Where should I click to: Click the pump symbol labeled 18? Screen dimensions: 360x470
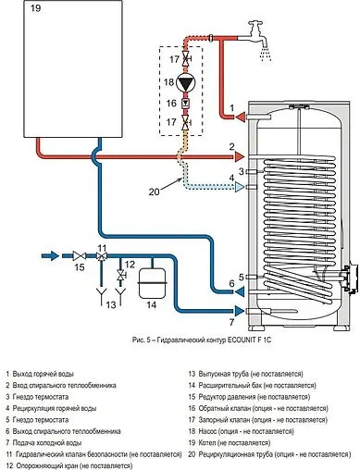186,82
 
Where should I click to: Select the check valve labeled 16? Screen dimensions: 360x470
186,103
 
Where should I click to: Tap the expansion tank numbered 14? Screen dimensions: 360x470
152,283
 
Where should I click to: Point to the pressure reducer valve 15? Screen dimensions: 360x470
80,256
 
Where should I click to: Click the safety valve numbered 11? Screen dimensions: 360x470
101,256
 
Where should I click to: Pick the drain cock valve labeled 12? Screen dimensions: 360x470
120,275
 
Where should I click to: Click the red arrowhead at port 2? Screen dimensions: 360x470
239,156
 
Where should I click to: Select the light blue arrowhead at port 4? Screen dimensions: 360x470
239,187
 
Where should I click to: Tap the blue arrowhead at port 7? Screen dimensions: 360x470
240,311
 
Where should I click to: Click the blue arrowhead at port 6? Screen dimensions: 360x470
240,291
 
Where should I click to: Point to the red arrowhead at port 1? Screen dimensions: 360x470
241,117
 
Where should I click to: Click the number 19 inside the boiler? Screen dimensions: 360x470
35,8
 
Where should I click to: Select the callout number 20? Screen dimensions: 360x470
155,192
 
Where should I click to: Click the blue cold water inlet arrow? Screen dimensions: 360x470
50,256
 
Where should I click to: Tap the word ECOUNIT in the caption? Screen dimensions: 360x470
239,340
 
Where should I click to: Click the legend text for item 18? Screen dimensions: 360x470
242,431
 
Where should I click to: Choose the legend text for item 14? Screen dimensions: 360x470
253,385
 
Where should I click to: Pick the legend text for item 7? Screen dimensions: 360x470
43,442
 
